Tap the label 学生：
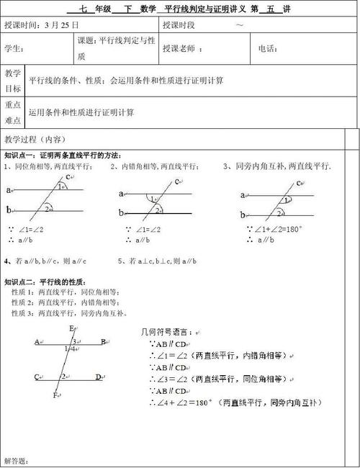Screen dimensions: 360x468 tap(14, 49)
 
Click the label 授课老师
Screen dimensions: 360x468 tap(181, 49)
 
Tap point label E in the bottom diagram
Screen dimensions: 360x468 tap(71, 329)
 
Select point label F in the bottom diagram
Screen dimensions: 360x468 tap(55, 395)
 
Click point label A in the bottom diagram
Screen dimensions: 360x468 tap(37, 342)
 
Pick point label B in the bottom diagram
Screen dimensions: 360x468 tap(104, 342)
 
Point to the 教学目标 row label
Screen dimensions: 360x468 tap(13, 81)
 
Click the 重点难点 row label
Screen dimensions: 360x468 tap(13, 112)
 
